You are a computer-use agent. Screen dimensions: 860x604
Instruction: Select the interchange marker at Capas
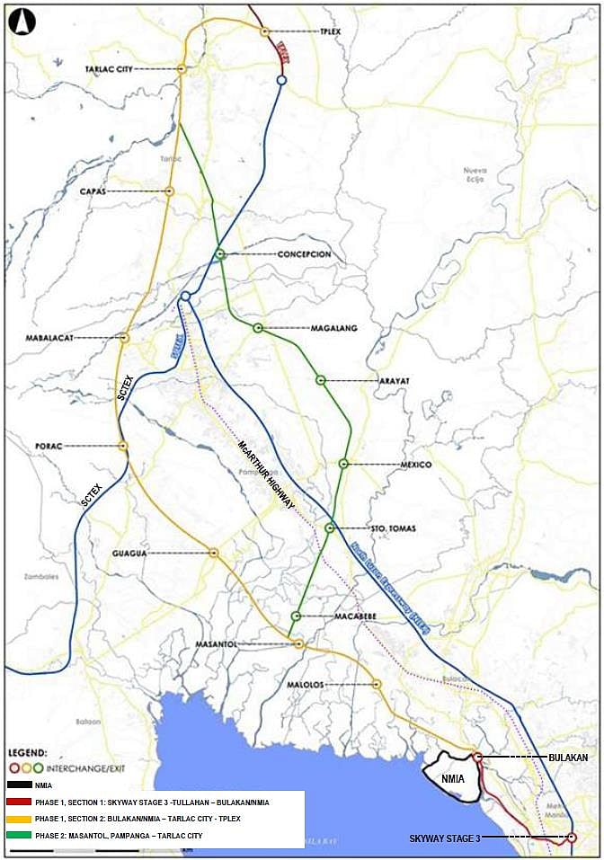coord(169,191)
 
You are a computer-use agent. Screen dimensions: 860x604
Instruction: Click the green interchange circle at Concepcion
coord(219,254)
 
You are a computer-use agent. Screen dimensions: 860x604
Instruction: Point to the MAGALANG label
coord(333,329)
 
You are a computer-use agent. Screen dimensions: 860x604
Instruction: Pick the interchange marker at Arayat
coord(321,380)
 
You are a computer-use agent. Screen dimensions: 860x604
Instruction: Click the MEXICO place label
coord(416,465)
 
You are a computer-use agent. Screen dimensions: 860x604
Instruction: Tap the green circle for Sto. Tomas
coord(330,528)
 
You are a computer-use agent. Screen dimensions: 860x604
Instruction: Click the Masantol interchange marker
coord(298,644)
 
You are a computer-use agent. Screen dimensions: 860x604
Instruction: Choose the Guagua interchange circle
coord(214,553)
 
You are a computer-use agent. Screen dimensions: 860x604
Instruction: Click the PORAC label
coord(48,446)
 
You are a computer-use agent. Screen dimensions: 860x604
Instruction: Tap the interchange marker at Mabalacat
coord(124,338)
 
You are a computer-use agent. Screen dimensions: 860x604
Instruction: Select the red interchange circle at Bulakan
coord(478,758)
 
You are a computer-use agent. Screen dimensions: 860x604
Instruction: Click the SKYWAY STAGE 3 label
coord(445,838)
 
